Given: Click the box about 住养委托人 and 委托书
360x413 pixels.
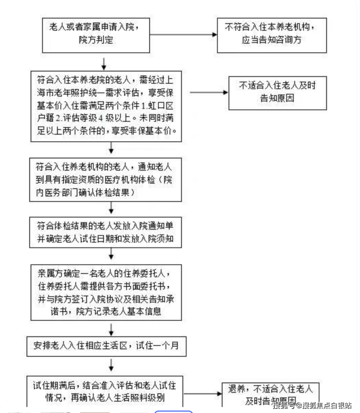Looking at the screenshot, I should (106, 291).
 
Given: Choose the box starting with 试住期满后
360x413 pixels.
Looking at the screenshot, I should (106, 390).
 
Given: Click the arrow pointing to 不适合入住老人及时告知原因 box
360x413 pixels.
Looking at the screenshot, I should (209, 92).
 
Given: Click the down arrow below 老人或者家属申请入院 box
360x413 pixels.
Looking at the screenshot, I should (104, 63).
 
